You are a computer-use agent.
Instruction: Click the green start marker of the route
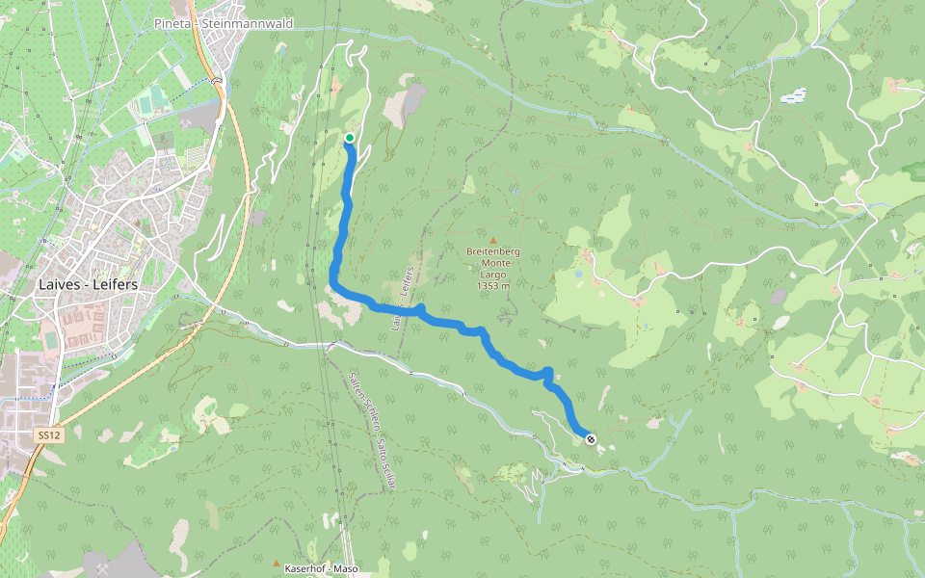[350, 138]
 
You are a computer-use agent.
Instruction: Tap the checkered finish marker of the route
[591, 439]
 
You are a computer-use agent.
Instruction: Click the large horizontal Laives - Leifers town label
[88, 285]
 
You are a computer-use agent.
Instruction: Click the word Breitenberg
[492, 252]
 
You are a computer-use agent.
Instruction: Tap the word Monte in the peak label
[492, 263]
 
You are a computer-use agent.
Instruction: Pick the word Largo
[492, 275]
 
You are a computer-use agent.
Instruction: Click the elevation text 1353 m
[492, 286]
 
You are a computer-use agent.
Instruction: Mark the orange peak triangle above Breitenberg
[492, 241]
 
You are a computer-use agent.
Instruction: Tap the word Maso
[346, 568]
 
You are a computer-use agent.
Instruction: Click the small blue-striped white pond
[792, 96]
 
